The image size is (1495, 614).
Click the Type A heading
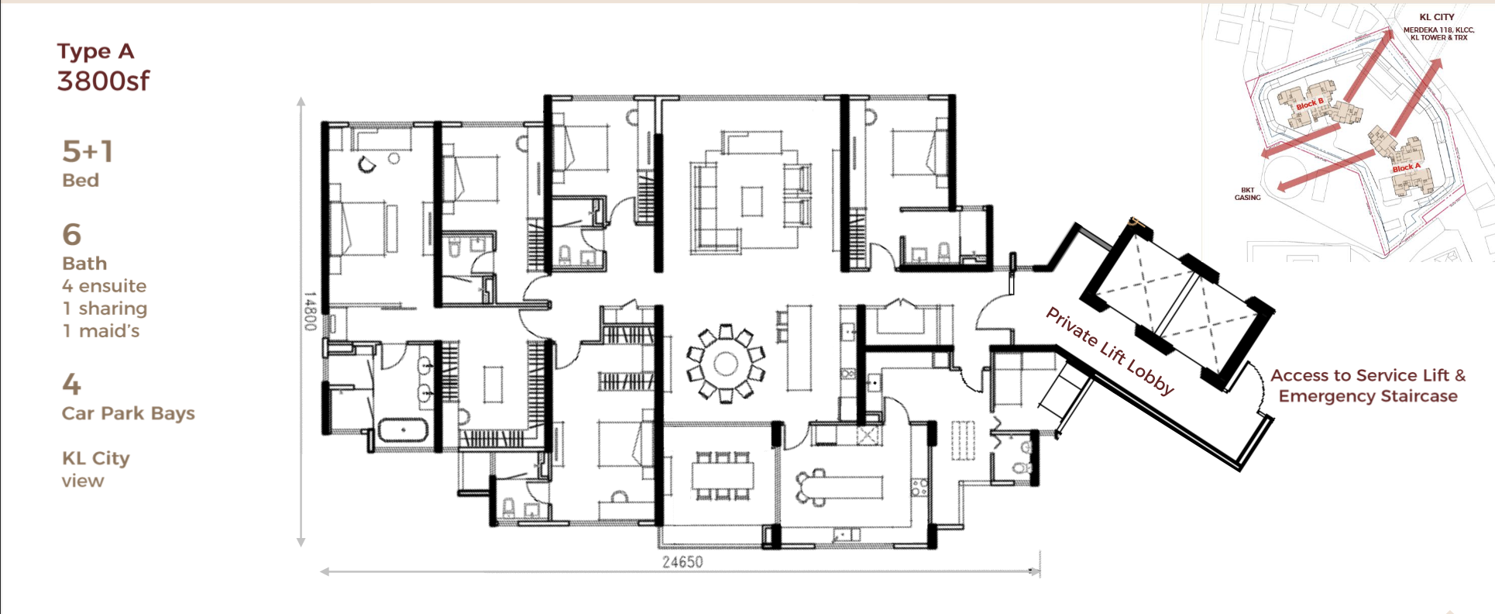(95, 52)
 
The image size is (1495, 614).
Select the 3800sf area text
(103, 81)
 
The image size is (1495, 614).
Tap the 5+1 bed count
(88, 151)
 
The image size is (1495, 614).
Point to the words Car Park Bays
(129, 414)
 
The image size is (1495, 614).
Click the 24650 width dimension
(682, 562)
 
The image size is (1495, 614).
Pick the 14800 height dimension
(309, 311)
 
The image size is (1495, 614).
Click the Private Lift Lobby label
(1109, 350)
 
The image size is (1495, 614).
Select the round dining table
(725, 363)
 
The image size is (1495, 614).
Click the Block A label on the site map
(1407, 167)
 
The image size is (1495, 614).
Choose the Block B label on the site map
(1310, 105)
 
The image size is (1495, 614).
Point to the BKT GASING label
(1247, 194)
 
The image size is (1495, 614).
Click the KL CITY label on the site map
(1437, 17)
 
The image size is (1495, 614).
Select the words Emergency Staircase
(1368, 396)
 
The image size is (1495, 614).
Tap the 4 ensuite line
(105, 286)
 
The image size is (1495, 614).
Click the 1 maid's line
(101, 331)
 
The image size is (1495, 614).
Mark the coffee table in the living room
(752, 202)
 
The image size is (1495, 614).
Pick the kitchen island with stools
(839, 487)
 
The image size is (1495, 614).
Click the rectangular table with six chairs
(722, 475)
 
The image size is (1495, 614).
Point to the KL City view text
(96, 470)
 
